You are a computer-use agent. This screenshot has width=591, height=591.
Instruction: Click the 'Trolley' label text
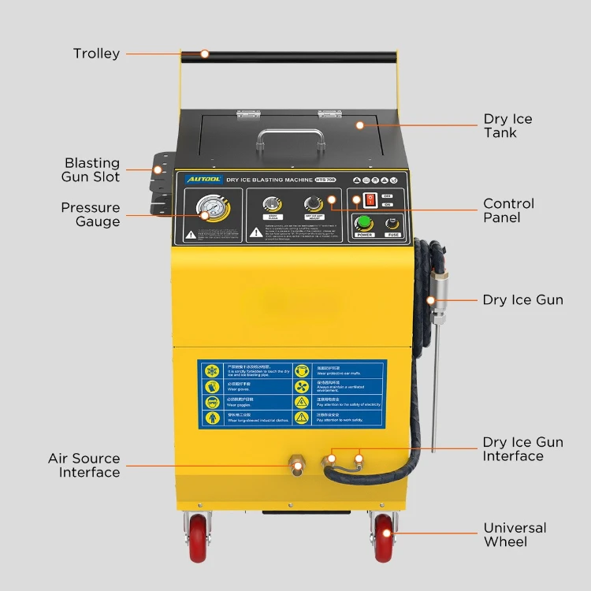[x=96, y=54]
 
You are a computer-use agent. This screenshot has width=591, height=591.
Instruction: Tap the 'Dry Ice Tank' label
[x=507, y=126]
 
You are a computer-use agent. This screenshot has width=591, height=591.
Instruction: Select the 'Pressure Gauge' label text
[x=91, y=214]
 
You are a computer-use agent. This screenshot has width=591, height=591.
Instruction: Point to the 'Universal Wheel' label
[x=515, y=535]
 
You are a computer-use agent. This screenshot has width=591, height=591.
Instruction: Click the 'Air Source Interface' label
[x=84, y=466]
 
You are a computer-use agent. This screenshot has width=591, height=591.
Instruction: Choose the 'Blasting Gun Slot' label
[x=92, y=169]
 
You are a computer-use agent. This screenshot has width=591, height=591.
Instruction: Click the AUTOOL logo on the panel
[x=197, y=179]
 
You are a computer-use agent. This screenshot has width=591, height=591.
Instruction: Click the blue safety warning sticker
[x=292, y=394]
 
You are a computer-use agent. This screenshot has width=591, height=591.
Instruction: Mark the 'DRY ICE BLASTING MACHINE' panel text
[x=269, y=180]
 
